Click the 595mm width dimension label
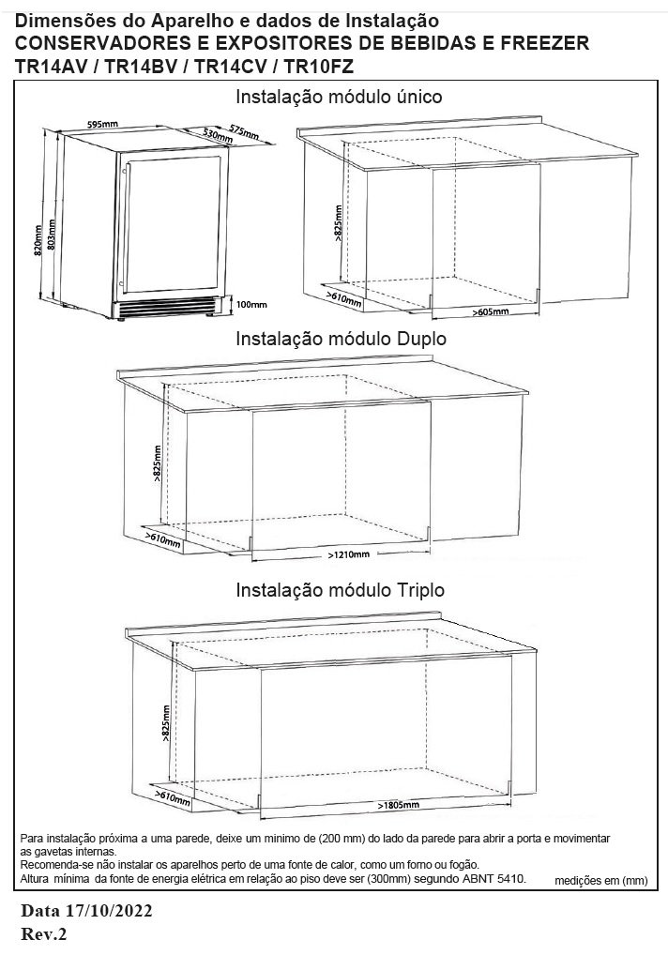103,124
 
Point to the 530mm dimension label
219,135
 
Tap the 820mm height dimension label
38,242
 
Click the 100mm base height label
251,305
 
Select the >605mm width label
491,311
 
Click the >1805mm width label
399,806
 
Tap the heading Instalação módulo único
339,97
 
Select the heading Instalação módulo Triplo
340,590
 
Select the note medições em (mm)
601,881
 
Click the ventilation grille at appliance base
168,306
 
